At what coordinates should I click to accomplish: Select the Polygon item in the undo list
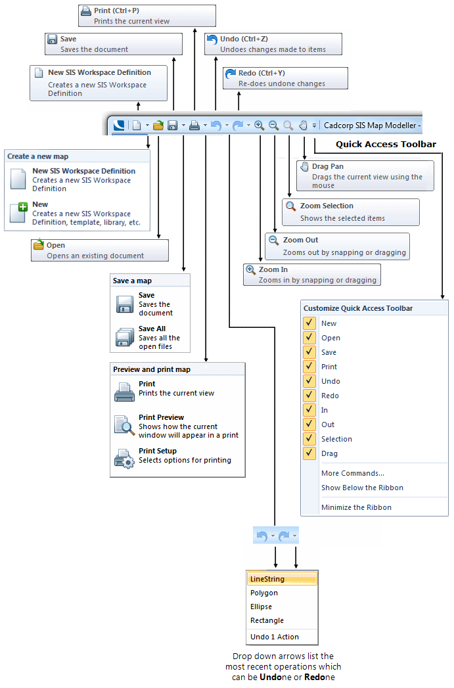pyautogui.click(x=264, y=593)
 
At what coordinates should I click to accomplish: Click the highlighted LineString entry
pyautogui.click(x=282, y=579)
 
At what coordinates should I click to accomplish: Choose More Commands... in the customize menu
pyautogui.click(x=352, y=473)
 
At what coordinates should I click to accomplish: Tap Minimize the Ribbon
pyautogui.click(x=356, y=507)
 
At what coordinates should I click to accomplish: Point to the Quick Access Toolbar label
pyautogui.click(x=386, y=145)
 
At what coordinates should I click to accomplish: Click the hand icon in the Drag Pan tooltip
pyautogui.click(x=304, y=167)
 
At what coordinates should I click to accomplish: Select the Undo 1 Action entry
pyautogui.click(x=275, y=637)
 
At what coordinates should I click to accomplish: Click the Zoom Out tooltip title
pyautogui.click(x=300, y=241)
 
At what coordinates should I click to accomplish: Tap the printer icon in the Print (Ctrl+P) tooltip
pyautogui.click(x=86, y=11)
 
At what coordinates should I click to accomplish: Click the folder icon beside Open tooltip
pyautogui.click(x=39, y=246)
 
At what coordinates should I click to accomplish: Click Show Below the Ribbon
pyautogui.click(x=362, y=488)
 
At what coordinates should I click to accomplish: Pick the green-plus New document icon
pyautogui.click(x=18, y=212)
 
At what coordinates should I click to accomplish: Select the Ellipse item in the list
pyautogui.click(x=261, y=607)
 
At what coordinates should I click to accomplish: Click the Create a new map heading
pyautogui.click(x=38, y=156)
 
